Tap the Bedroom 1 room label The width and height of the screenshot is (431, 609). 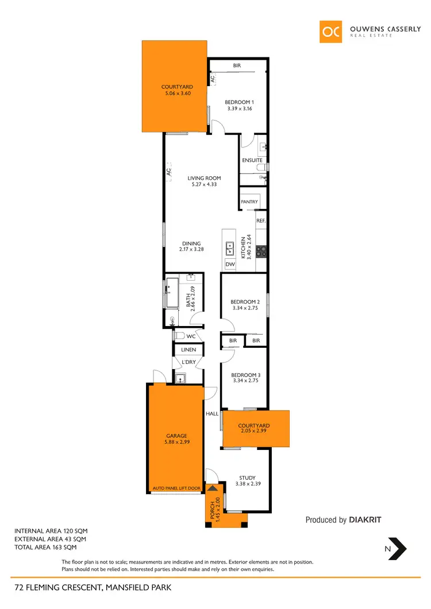tap(238, 102)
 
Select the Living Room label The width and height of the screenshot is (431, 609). tap(204, 178)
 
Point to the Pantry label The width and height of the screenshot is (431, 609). tap(249, 202)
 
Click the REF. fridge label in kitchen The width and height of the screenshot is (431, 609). tap(260, 220)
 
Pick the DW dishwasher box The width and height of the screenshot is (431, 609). tap(230, 265)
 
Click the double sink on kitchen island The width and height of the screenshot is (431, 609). tap(229, 248)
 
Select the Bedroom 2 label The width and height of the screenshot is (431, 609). tap(245, 302)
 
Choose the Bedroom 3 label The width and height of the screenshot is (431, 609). tap(245, 375)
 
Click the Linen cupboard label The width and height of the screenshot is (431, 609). tap(188, 350)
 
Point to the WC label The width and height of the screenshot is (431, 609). tap(190, 336)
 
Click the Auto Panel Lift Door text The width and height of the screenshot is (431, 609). tap(176, 488)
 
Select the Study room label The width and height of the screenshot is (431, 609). tap(248, 478)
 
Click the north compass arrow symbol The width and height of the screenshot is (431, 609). tap(397, 548)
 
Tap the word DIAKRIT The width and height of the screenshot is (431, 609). tap(365, 520)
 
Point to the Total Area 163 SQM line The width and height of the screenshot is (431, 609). tap(47, 548)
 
